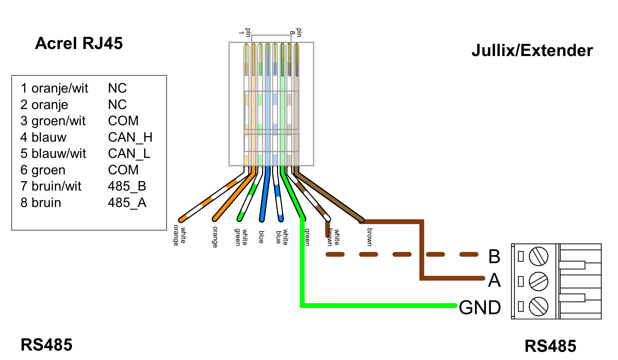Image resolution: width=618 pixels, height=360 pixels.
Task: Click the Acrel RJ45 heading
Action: pos(79,43)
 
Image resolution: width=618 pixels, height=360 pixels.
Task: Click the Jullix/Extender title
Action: pos(532,50)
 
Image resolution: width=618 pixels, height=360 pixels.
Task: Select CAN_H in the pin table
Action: pos(130,137)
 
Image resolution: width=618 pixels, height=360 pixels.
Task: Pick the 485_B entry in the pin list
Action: pos(127,186)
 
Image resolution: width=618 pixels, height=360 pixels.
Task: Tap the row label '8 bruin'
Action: pos(41,203)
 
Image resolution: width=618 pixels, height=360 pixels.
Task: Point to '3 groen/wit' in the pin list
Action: pos(53,121)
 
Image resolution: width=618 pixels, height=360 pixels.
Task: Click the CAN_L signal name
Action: pos(129,153)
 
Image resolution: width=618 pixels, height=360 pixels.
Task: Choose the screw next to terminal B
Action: pos(538,256)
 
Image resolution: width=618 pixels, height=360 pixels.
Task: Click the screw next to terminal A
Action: pos(538,281)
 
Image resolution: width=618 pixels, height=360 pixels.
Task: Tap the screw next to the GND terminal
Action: pos(538,306)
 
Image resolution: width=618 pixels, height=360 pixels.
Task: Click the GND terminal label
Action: pos(480,307)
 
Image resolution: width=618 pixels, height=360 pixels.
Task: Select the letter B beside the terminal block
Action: pos(494,256)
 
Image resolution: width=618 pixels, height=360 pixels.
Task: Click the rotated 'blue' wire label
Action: pos(261,237)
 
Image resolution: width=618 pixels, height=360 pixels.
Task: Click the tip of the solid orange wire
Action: pos(215,219)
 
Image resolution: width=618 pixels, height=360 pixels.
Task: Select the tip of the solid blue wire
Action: pos(262,220)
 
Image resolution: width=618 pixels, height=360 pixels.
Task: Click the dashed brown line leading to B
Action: pos(402,254)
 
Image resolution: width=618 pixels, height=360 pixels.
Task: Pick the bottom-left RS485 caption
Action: pos(46,345)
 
